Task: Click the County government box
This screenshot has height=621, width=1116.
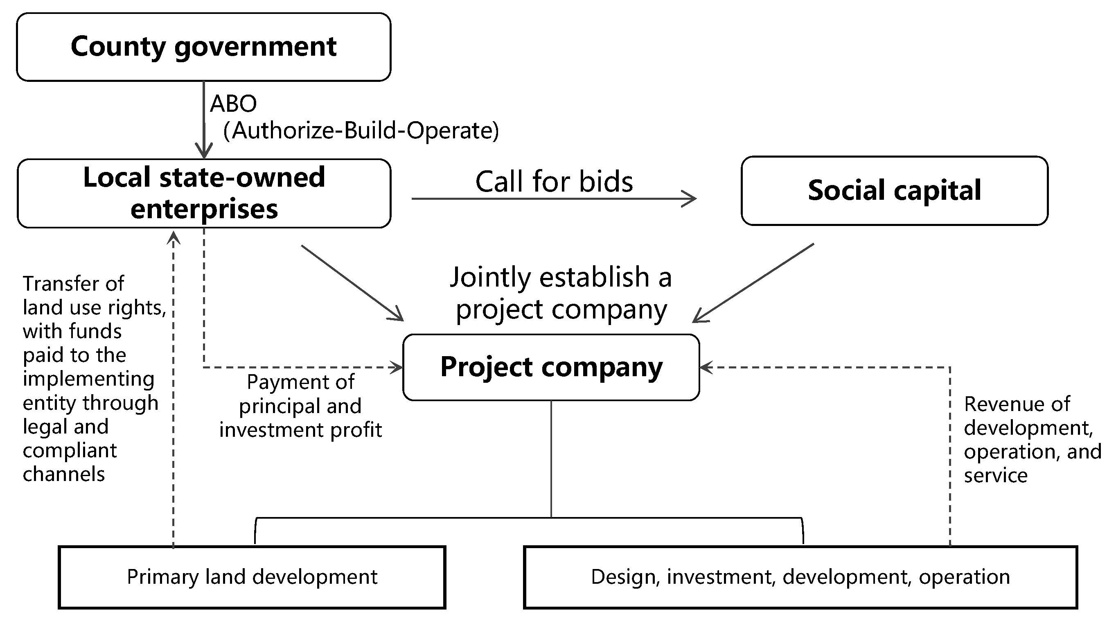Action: (x=204, y=47)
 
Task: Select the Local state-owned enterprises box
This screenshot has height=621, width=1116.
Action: (x=204, y=193)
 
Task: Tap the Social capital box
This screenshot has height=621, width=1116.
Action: (x=894, y=191)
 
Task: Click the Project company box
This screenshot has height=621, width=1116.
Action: (x=551, y=367)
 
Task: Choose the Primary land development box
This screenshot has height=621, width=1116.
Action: (x=252, y=577)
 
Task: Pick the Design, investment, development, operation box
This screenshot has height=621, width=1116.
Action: (x=800, y=577)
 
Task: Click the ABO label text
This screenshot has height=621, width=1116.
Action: (x=234, y=104)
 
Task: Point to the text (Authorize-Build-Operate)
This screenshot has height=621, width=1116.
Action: (x=361, y=131)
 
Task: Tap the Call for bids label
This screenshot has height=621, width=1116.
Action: (x=554, y=182)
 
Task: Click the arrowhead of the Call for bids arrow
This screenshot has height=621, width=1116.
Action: (x=690, y=199)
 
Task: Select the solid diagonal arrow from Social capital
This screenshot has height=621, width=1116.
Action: (x=754, y=282)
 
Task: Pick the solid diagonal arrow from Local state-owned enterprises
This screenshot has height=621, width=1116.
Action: (x=352, y=282)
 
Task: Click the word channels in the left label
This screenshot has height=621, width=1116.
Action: (x=64, y=474)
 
